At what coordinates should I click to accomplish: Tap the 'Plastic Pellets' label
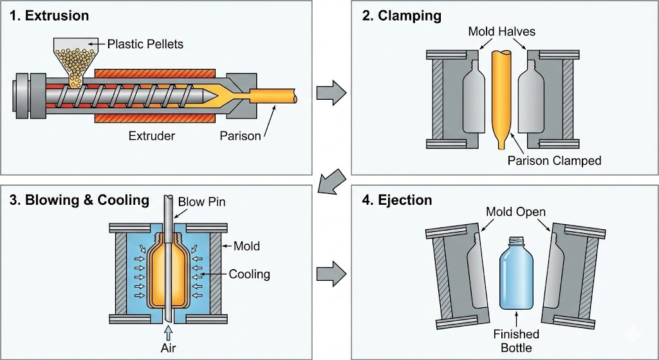click(x=145, y=44)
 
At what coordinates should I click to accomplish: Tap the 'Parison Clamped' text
click(x=554, y=160)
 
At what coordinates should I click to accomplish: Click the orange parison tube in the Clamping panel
click(x=501, y=90)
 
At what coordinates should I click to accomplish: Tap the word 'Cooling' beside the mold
click(x=249, y=274)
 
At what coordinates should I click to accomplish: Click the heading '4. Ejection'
click(x=397, y=200)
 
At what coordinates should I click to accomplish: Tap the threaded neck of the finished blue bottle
click(x=517, y=244)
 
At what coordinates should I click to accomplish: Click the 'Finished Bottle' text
click(x=516, y=341)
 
